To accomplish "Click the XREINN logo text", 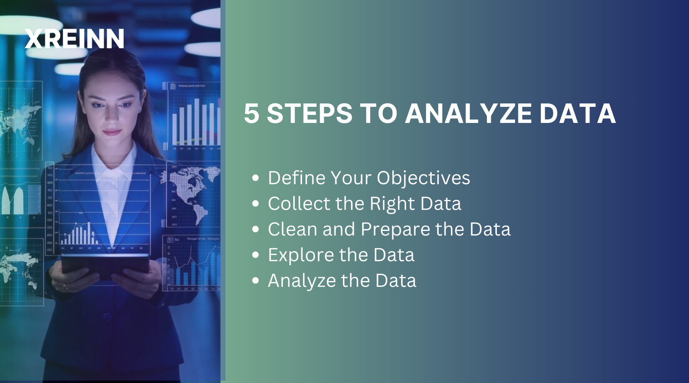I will point(74,39).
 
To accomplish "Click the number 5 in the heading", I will point(251,114).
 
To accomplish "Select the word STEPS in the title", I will point(309,114).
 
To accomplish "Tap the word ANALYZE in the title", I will point(468,114).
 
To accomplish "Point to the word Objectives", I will point(423,178).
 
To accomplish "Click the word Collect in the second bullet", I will point(299,204).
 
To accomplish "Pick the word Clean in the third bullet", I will point(292,229).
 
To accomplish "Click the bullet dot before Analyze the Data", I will point(256,281).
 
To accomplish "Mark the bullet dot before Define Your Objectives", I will point(256,178).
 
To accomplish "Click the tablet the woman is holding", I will point(105,264).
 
